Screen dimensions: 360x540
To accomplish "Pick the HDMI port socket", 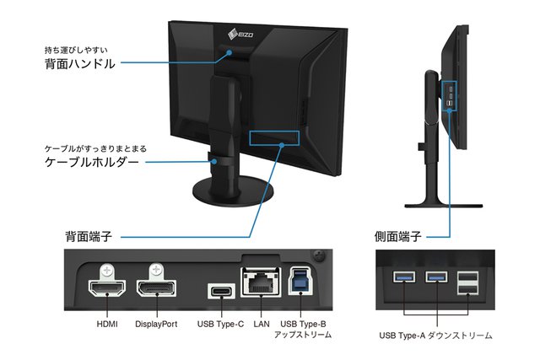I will coord(107,292).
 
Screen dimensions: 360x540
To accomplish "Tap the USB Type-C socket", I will coord(222,292).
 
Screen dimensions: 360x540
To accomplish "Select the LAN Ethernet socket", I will coord(259,283).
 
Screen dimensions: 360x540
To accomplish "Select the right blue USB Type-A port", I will coord(437,278).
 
